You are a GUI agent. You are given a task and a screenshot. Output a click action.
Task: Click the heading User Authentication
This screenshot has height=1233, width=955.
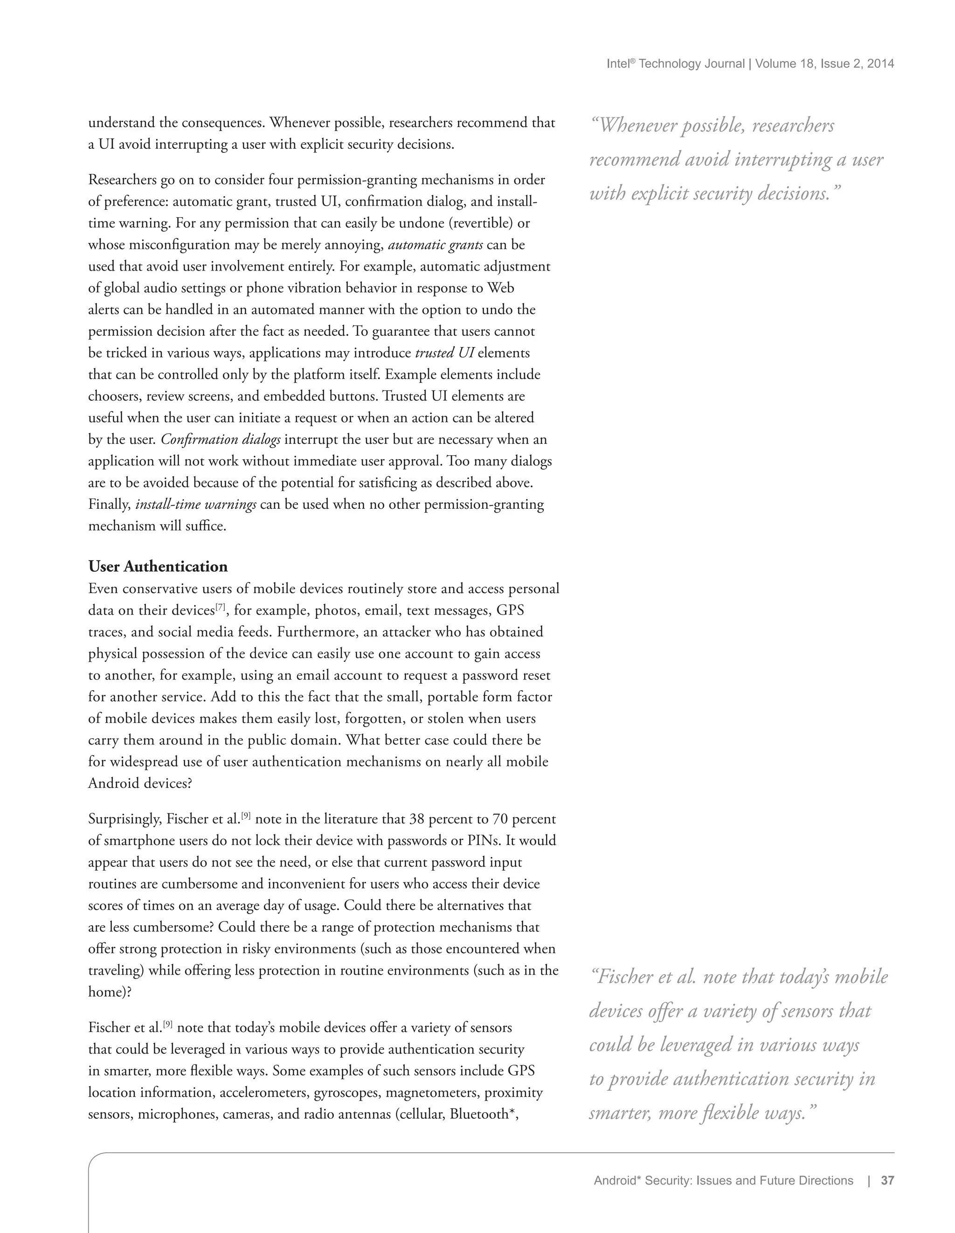tap(158, 567)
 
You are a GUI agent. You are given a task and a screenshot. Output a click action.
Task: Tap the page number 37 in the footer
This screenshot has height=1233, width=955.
tap(887, 1180)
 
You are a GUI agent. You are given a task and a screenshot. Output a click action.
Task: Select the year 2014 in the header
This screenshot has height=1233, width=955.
tap(880, 64)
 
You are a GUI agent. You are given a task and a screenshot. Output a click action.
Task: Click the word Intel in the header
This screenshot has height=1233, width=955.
tap(617, 64)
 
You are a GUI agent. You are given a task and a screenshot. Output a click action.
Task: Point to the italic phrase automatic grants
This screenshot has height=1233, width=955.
tap(435, 245)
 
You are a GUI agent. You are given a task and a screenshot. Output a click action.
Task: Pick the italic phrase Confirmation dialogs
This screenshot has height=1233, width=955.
tap(221, 440)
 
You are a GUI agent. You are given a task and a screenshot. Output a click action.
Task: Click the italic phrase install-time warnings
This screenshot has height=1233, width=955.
tap(196, 505)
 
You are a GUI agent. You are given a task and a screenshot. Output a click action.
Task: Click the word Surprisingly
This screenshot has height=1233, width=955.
tap(125, 820)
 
